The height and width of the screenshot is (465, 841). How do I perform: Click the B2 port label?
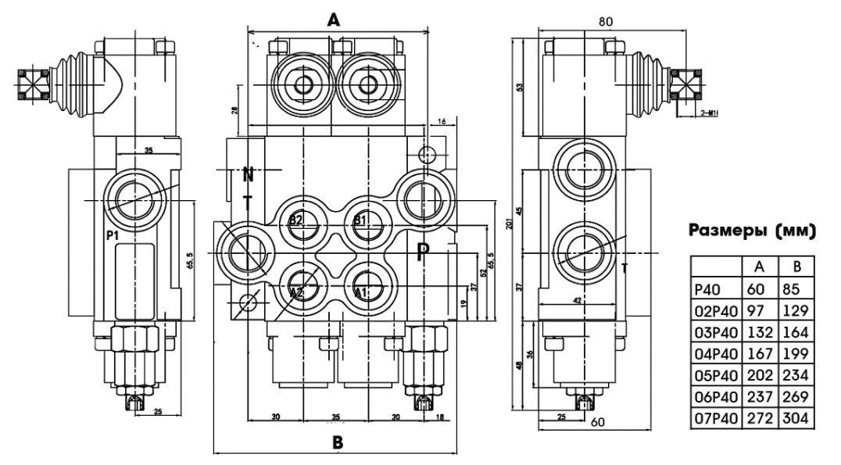click(x=295, y=220)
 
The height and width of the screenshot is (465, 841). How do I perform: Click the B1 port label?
click(x=360, y=220)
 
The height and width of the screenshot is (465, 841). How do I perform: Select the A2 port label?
click(x=295, y=292)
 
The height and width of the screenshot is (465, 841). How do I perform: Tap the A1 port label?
click(x=360, y=292)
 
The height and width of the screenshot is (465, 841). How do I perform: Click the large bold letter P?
click(x=423, y=252)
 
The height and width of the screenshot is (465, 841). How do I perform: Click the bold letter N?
click(x=248, y=174)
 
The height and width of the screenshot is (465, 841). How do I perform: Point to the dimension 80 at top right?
click(x=605, y=22)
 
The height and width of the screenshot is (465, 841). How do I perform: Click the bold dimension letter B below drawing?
click(x=337, y=442)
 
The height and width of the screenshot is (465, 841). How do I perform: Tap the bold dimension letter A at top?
click(x=334, y=21)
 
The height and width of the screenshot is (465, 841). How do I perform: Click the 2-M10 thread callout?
click(x=710, y=113)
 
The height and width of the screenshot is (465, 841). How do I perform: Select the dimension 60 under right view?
click(x=596, y=424)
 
